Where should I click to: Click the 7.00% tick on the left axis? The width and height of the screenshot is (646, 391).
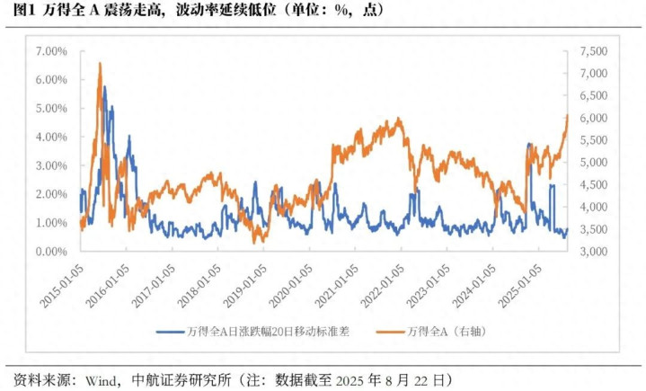click(50, 51)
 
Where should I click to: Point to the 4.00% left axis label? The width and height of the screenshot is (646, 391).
click(50, 137)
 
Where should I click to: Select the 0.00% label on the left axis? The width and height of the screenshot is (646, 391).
click(50, 252)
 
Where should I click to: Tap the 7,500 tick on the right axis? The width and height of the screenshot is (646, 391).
click(595, 51)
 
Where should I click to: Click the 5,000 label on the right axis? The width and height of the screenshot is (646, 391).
click(595, 163)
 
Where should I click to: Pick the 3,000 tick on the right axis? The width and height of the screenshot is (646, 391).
click(595, 252)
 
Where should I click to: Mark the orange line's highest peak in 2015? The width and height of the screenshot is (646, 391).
click(99, 64)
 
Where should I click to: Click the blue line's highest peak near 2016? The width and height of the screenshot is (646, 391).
click(104, 87)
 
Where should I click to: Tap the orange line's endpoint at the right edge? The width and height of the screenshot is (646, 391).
click(567, 115)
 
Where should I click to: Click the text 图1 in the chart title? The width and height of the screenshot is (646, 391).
click(24, 10)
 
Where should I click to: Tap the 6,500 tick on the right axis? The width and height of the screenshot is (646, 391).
click(595, 95)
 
